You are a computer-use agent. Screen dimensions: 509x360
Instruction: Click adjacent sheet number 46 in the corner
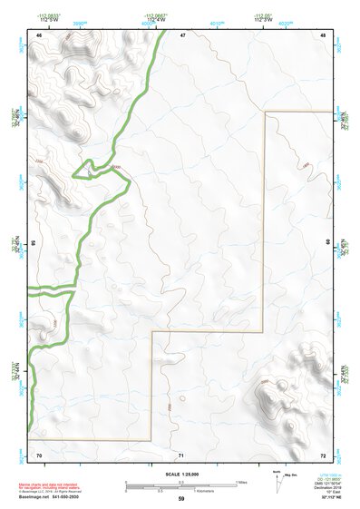(x=39, y=35)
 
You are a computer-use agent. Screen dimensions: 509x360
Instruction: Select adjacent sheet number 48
(x=323, y=35)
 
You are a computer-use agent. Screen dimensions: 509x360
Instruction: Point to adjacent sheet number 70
(x=39, y=455)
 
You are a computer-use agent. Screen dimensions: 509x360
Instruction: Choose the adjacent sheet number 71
(x=182, y=455)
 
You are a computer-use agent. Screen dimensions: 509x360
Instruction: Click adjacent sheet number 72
(x=323, y=455)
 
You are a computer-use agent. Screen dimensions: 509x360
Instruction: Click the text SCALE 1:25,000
(x=181, y=474)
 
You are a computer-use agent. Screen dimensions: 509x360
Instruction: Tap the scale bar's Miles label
(x=241, y=482)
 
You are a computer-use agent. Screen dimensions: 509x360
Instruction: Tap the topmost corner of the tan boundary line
(x=265, y=113)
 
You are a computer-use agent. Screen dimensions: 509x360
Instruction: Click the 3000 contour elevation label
(x=114, y=168)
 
